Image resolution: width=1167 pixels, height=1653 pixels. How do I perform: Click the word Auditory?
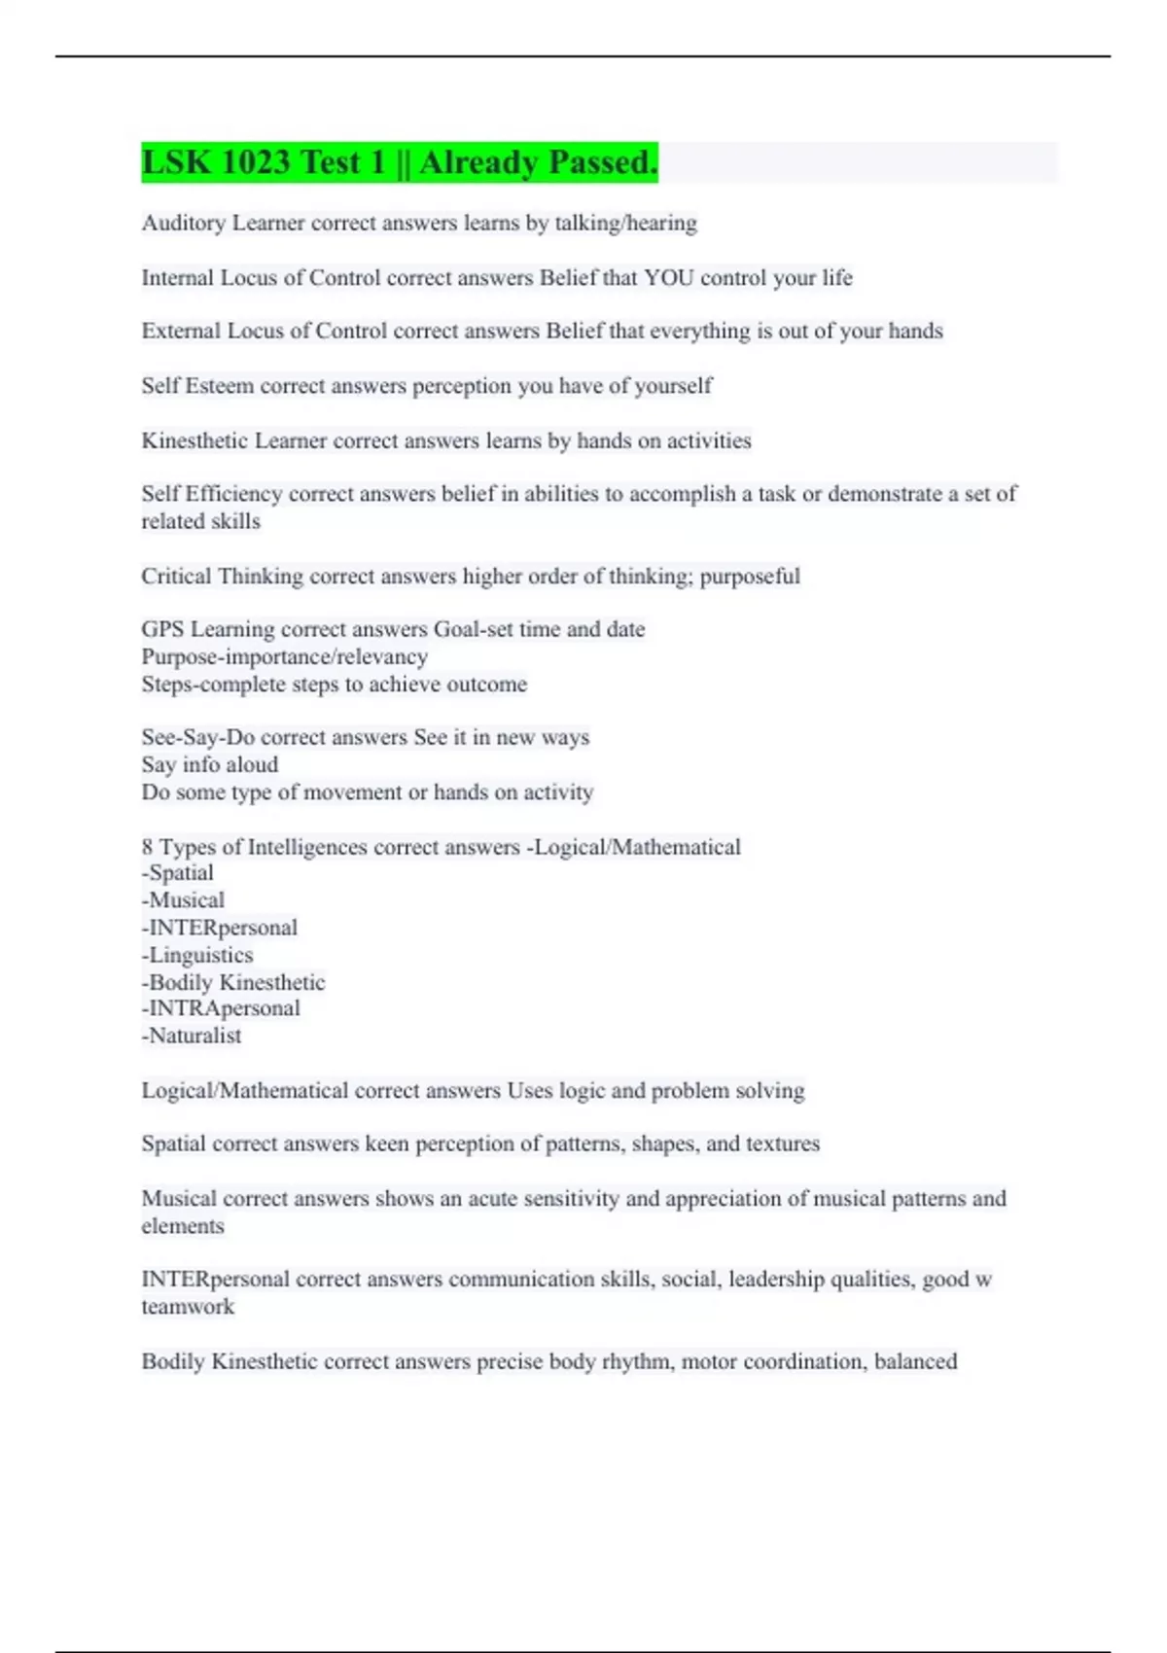183,224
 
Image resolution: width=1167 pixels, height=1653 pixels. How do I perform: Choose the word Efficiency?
233,494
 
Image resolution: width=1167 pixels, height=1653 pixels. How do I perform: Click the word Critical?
176,577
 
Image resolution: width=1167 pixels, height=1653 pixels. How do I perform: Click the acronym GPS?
162,630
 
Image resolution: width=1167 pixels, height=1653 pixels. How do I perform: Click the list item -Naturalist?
192,1036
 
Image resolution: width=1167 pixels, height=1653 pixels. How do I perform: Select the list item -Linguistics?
197,955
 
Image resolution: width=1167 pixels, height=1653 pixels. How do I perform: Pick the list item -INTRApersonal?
221,1008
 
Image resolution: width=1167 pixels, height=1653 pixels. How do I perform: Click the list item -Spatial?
178,873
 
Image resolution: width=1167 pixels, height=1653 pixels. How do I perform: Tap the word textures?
783,1143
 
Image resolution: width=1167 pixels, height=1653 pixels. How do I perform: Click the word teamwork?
188,1307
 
